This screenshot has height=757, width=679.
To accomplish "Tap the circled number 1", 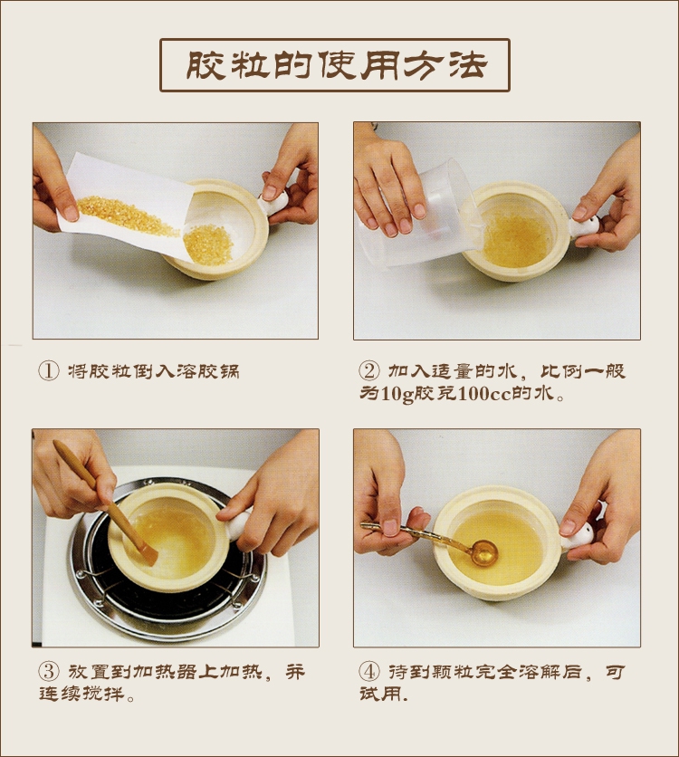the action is click(x=48, y=370).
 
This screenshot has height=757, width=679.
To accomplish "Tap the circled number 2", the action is click(x=368, y=370).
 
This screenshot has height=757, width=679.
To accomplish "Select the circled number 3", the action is click(x=48, y=672).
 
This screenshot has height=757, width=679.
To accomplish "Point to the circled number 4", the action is click(x=368, y=672).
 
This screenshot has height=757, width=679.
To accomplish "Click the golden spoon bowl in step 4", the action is click(x=484, y=552).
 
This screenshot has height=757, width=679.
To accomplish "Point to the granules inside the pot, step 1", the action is click(x=208, y=244).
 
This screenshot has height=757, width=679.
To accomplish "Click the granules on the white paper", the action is click(x=127, y=216).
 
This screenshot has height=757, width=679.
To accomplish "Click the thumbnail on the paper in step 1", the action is click(x=71, y=213).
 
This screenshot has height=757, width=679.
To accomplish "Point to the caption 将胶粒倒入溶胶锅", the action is click(x=154, y=371).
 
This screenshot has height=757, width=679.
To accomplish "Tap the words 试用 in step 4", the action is click(x=381, y=694).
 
